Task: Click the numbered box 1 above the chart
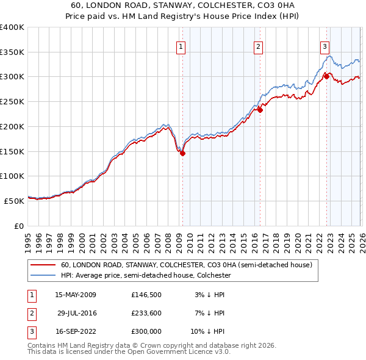182,46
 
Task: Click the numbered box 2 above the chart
259,46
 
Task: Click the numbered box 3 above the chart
325,46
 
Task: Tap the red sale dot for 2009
182,153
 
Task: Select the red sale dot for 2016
260,110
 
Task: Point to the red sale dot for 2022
326,76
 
